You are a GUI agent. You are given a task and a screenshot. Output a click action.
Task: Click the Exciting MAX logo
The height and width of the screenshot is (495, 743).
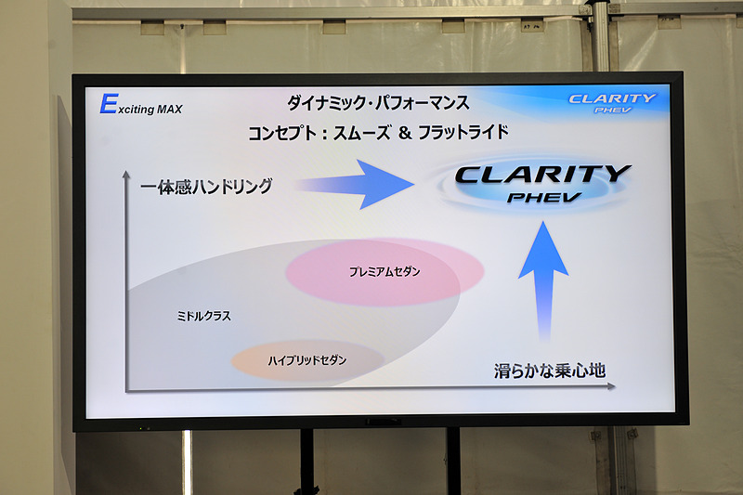pyautogui.click(x=141, y=106)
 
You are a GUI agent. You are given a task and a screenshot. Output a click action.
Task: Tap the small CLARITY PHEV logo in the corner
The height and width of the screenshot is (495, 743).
pyautogui.click(x=612, y=101)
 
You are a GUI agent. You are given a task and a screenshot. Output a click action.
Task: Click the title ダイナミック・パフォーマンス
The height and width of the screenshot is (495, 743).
pyautogui.click(x=376, y=102)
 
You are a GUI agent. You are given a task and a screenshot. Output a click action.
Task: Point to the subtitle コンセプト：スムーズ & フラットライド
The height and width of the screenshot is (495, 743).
pyautogui.click(x=378, y=133)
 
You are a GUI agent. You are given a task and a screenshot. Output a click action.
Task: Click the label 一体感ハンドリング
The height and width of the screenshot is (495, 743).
pyautogui.click(x=206, y=186)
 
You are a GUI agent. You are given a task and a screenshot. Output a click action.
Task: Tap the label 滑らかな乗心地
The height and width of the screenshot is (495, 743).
pyautogui.click(x=549, y=371)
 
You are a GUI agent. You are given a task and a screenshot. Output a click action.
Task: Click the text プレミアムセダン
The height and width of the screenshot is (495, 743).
pyautogui.click(x=385, y=272)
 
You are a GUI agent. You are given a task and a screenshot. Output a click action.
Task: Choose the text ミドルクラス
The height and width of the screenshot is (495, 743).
pyautogui.click(x=203, y=316)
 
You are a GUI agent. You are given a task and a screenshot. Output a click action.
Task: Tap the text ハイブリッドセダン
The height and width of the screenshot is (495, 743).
pyautogui.click(x=306, y=359)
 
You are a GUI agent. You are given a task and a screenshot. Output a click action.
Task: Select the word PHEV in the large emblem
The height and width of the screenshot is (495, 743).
pyautogui.click(x=545, y=197)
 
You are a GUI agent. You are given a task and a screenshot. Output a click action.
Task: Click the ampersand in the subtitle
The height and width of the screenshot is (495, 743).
pyautogui.click(x=404, y=133)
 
